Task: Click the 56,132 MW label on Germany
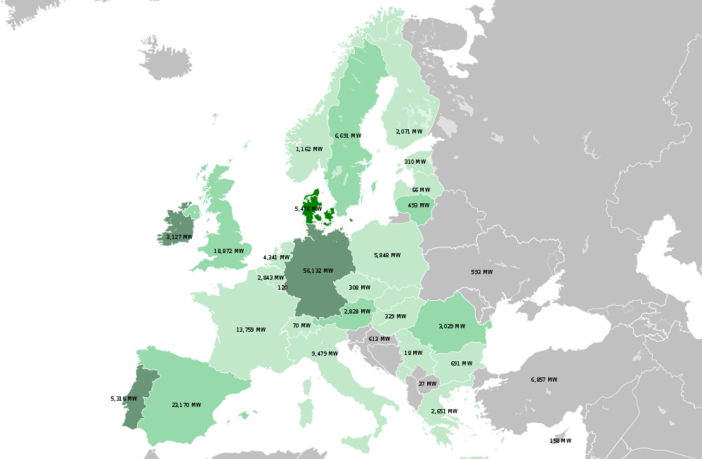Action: point(316,271)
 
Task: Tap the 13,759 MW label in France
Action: point(251,329)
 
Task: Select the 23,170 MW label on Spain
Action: point(186,405)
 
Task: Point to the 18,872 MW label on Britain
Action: point(229,251)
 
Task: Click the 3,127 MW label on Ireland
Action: point(180,237)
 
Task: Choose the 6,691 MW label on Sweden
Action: point(349,136)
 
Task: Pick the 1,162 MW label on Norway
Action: point(309,148)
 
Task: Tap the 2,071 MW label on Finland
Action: point(410,131)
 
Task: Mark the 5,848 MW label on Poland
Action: point(387,255)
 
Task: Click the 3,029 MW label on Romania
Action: point(452,325)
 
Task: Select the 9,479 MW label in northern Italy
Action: point(326,353)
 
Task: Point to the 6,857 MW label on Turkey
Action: point(545,379)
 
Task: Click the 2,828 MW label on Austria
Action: point(357,311)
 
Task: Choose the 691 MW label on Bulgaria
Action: point(461,363)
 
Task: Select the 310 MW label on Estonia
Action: point(415,161)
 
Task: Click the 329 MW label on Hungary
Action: point(395,316)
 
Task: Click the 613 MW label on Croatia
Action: point(379,338)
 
